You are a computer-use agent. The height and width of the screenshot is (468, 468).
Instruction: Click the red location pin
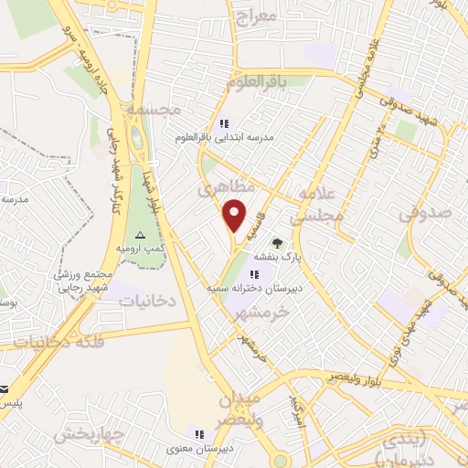235,216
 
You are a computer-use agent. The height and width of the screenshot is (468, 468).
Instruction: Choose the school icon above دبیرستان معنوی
199,433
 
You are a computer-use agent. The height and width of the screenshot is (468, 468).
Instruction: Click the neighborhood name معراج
254,16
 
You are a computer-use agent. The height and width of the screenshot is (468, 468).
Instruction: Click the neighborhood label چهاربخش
88,434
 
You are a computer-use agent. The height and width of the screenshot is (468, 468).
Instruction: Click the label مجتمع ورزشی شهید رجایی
85,281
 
